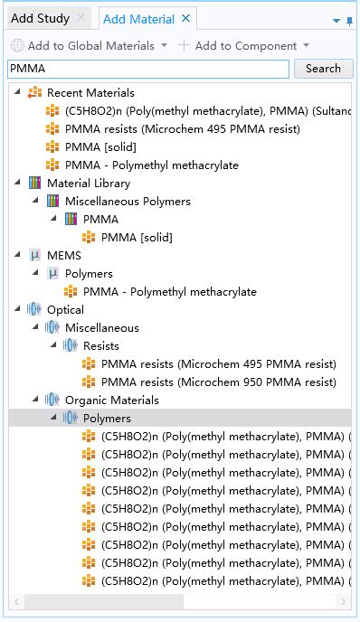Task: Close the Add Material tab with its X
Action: click(185, 18)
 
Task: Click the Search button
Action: click(323, 69)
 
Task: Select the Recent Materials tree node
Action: click(90, 92)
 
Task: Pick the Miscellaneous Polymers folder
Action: click(127, 201)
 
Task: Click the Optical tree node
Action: click(65, 309)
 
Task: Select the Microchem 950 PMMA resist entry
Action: click(218, 382)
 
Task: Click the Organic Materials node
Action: click(111, 400)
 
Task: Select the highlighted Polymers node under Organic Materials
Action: click(107, 418)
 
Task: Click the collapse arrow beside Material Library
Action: click(17, 183)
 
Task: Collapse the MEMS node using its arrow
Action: click(17, 255)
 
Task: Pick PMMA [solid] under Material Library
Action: click(137, 237)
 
